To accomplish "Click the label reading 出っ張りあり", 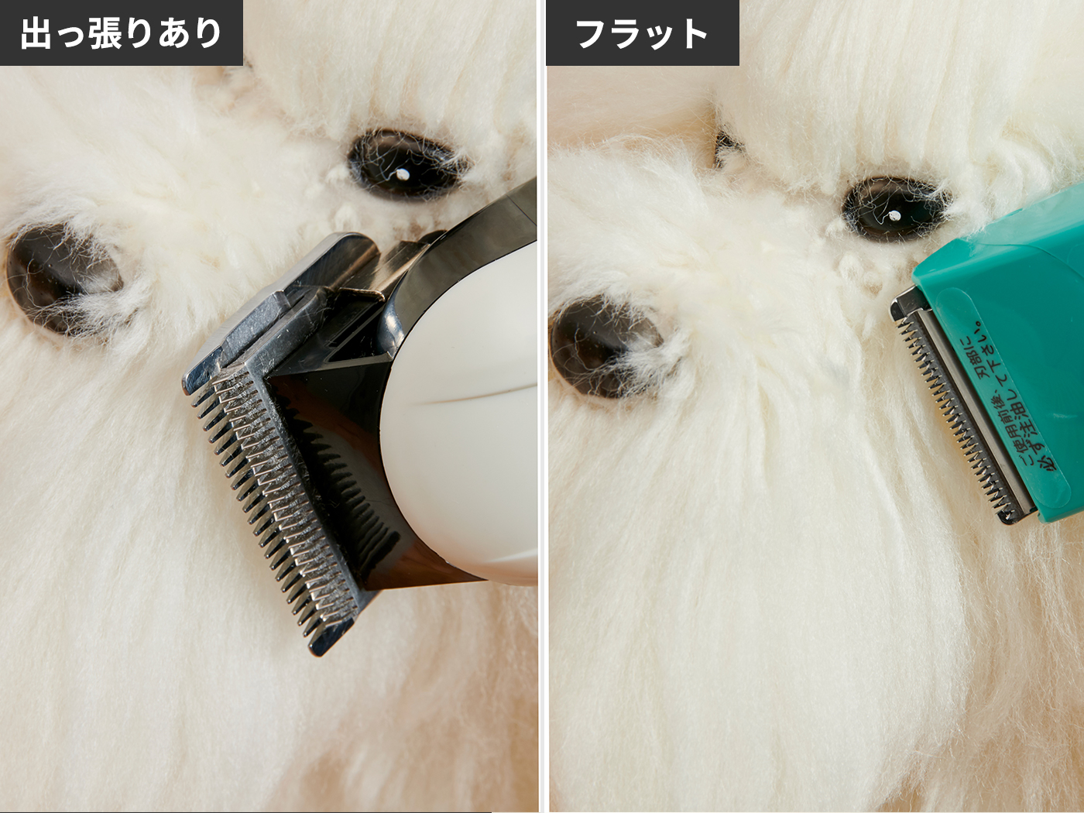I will tap(121, 33).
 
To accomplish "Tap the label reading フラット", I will tap(641, 34).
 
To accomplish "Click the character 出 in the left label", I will tap(36, 34).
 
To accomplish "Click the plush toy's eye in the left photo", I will tap(403, 164).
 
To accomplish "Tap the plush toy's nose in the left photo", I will tap(62, 277).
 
